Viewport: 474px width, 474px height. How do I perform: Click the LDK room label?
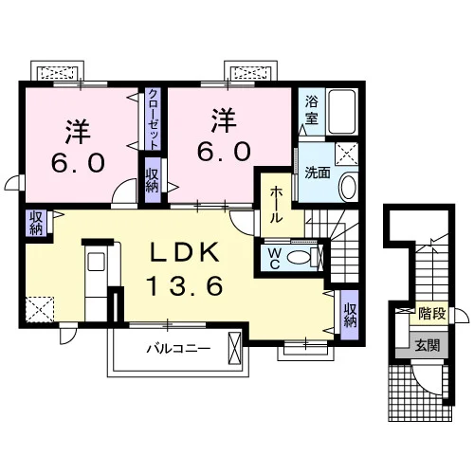[x=185, y=252]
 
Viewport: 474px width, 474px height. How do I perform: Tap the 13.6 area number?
[x=185, y=285]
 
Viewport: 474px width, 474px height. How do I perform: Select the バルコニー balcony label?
[x=178, y=349]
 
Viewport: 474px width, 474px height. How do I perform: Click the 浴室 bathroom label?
[x=311, y=111]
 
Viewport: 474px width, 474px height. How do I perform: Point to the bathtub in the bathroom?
[x=342, y=112]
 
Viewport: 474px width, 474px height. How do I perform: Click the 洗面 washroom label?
[x=318, y=173]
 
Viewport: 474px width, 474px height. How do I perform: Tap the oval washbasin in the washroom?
[x=348, y=187]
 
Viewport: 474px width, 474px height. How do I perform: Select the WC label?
[x=275, y=259]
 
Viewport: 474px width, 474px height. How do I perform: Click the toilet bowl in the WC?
[x=299, y=258]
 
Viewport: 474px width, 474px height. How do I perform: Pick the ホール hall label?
[x=276, y=205]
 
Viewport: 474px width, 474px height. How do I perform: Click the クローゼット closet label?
[x=154, y=119]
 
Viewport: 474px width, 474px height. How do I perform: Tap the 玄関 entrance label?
[x=428, y=345]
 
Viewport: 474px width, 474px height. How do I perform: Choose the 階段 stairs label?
[x=432, y=314]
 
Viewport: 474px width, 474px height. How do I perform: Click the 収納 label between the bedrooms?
[x=152, y=179]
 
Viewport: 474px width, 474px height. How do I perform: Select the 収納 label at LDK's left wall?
[x=36, y=223]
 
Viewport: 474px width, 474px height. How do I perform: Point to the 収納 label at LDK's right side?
[x=351, y=315]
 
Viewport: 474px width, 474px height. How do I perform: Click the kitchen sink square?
[x=96, y=262]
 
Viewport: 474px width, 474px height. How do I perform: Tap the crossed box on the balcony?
[x=234, y=348]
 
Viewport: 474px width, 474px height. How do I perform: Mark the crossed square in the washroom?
[x=346, y=154]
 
